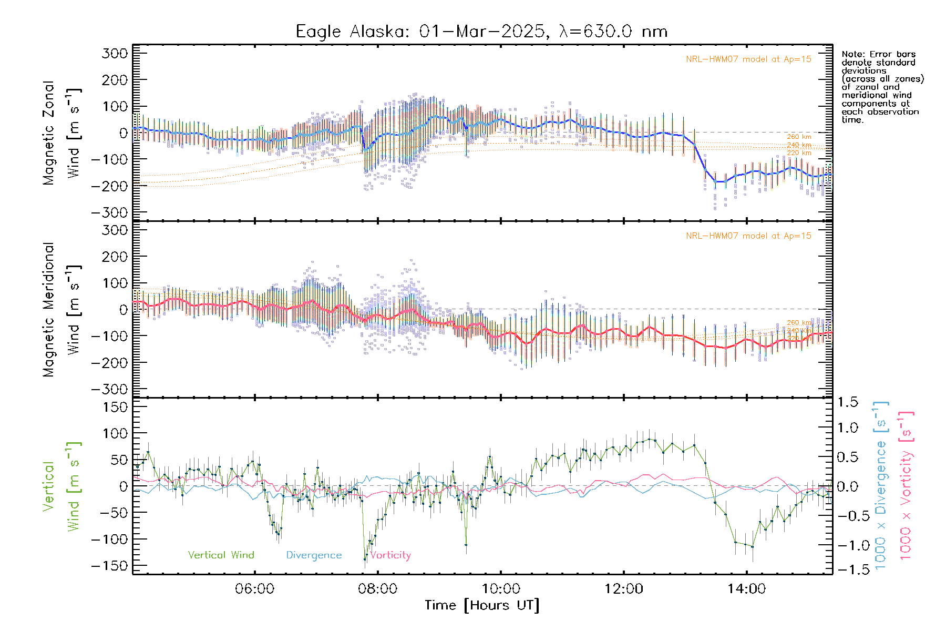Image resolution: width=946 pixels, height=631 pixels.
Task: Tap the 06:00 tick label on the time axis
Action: (x=254, y=589)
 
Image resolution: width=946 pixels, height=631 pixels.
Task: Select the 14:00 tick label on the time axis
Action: (x=746, y=589)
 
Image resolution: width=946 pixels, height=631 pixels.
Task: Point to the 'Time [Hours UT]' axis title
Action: (x=482, y=605)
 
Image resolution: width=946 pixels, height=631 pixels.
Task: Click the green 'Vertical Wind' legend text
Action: (x=221, y=555)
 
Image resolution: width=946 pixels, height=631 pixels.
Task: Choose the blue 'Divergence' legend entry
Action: (x=314, y=555)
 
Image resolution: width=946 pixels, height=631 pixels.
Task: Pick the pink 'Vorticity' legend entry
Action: (x=390, y=555)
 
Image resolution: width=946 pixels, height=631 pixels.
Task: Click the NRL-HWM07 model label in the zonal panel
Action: (x=748, y=59)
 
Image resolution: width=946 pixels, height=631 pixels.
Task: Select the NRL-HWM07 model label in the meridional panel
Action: (x=748, y=236)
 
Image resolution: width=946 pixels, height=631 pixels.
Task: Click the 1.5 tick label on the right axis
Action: (x=847, y=402)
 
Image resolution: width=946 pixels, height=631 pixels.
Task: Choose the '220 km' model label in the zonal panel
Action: (x=799, y=153)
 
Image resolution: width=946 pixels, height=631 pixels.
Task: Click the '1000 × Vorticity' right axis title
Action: (x=906, y=485)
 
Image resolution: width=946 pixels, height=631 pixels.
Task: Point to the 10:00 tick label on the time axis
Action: (x=500, y=589)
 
